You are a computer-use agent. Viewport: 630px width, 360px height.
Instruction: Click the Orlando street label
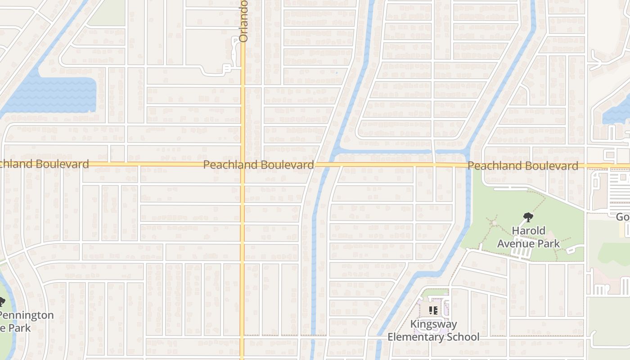point(243,21)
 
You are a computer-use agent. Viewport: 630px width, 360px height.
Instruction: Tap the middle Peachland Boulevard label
point(258,165)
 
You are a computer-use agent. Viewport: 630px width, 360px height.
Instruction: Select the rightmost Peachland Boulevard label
point(523,166)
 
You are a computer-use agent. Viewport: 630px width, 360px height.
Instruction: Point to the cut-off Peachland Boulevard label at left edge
point(44,164)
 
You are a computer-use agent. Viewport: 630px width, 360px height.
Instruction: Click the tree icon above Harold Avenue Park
point(528,218)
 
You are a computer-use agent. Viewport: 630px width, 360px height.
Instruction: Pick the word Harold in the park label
point(528,231)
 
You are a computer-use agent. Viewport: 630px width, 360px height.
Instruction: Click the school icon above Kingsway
point(433,310)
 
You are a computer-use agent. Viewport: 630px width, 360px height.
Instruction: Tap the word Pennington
point(27,315)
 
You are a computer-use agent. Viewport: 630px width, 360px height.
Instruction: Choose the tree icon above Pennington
point(1,301)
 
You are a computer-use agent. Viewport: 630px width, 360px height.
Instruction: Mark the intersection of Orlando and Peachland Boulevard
point(242,165)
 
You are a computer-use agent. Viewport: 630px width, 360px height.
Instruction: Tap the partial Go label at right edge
point(623,217)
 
